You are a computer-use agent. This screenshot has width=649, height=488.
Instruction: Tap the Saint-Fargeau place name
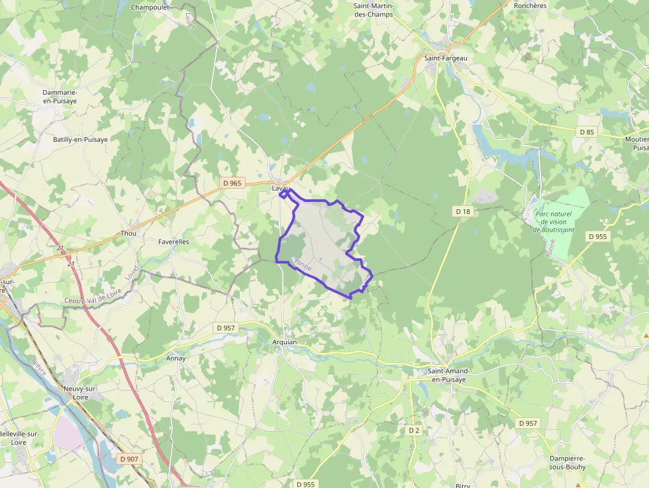click(x=445, y=58)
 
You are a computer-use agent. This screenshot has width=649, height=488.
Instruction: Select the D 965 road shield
click(x=232, y=183)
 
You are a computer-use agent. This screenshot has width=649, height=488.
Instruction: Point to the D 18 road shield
click(x=463, y=211)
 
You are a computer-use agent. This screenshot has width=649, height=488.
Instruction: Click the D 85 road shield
click(x=587, y=132)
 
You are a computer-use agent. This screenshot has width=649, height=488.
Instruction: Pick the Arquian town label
click(x=285, y=342)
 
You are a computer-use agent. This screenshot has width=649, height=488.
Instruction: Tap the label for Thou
click(x=128, y=234)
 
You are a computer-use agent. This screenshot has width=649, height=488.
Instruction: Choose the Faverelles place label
click(x=174, y=242)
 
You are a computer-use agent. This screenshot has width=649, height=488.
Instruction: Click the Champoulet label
click(x=150, y=7)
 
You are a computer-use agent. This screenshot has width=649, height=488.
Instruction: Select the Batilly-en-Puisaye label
click(x=80, y=140)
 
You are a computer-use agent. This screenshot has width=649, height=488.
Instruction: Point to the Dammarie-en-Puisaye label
click(x=60, y=97)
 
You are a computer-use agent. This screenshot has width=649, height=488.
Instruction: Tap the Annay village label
click(x=176, y=358)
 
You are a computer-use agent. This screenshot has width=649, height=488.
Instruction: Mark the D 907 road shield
click(x=130, y=458)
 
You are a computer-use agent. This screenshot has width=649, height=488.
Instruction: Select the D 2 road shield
click(x=414, y=430)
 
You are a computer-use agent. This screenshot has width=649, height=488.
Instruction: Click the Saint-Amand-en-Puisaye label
click(x=449, y=375)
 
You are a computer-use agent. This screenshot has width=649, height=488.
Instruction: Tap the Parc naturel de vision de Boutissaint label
click(x=554, y=222)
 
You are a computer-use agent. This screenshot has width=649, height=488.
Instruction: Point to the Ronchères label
click(x=530, y=5)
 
